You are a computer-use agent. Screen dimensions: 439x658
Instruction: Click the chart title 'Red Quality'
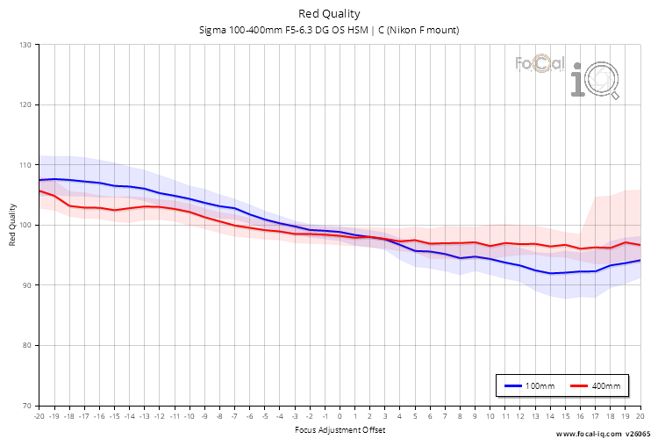329,13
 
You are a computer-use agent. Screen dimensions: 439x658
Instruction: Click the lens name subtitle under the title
329,30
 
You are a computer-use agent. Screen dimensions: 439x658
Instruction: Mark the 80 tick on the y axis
26,345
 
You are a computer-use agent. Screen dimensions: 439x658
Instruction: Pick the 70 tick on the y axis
26,406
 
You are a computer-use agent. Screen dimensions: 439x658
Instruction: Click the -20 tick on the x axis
39,416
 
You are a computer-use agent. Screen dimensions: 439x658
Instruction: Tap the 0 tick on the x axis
340,416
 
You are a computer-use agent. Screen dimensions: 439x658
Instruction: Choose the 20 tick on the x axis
640,416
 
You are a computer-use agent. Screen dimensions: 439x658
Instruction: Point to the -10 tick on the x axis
189,416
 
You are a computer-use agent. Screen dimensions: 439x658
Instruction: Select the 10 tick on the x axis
490,416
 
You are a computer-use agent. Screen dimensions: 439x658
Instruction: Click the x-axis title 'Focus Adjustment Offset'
340,430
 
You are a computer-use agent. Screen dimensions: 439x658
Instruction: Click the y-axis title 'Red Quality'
12,225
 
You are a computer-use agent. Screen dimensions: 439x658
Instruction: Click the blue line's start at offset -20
39,180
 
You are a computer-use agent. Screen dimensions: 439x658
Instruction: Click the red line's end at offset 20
640,245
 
